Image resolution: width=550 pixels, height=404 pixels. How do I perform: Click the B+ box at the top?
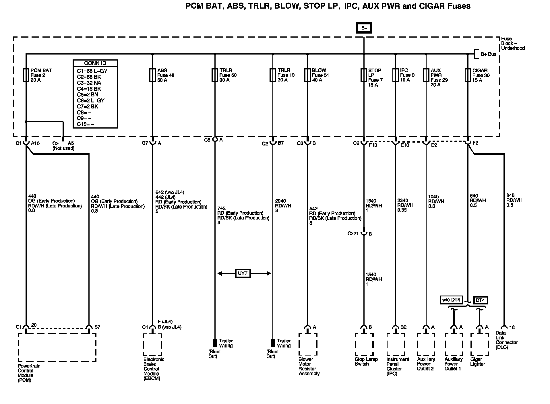[364, 28]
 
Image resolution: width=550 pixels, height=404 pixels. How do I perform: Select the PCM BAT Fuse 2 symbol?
[26, 75]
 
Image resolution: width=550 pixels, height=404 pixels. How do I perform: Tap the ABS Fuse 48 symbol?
[152, 75]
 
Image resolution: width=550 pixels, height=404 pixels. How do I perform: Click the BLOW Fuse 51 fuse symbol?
[307, 75]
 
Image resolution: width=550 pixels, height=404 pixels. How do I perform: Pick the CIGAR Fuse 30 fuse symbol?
[468, 75]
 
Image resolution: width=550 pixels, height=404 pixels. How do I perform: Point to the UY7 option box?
[243, 273]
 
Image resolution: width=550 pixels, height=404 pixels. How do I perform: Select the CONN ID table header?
[95, 63]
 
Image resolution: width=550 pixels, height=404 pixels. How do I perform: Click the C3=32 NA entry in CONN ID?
[89, 83]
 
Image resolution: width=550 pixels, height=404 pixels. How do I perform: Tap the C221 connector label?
[353, 234]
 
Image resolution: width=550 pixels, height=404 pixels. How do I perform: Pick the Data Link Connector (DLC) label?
[506, 340]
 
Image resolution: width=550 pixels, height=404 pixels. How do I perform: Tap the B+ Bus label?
[489, 54]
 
